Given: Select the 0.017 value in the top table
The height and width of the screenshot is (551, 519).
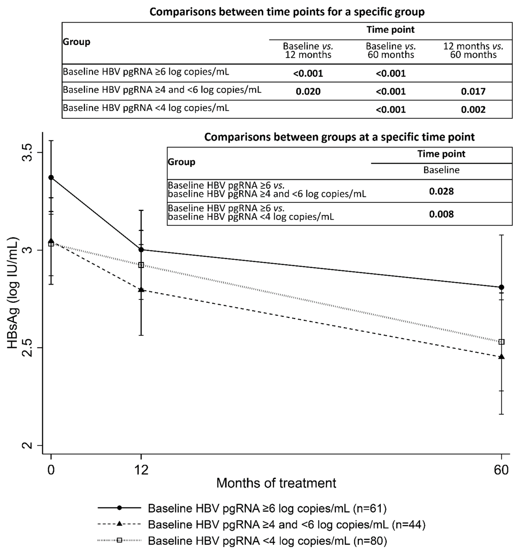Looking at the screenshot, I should (473, 91).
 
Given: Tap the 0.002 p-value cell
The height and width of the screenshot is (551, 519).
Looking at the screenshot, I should (473, 109).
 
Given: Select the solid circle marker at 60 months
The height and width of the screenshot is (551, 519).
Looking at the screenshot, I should (501, 287).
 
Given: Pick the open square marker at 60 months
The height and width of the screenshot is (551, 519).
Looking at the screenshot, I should (501, 342).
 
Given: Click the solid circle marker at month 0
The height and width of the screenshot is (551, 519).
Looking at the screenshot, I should (51, 177).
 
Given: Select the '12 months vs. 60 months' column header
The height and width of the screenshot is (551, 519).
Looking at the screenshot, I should (473, 50).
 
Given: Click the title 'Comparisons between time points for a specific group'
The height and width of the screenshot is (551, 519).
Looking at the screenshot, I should (287, 12).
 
